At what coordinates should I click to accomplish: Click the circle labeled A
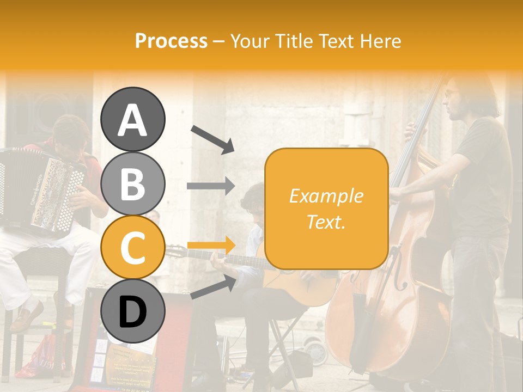(132, 120)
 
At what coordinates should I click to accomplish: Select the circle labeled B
(132, 184)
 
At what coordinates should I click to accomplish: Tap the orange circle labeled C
(132, 248)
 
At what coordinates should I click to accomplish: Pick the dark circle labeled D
(132, 311)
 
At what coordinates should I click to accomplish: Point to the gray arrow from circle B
(211, 186)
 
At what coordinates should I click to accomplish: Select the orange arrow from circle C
(211, 245)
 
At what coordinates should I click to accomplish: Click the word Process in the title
(171, 41)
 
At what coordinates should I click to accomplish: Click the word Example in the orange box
(326, 196)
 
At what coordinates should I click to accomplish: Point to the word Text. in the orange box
(326, 222)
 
